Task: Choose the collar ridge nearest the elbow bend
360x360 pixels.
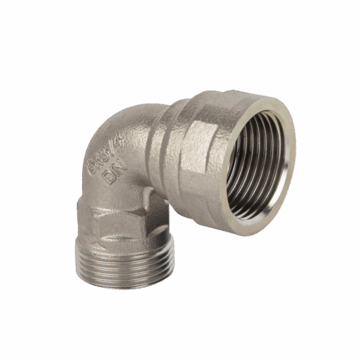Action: [157, 150]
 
